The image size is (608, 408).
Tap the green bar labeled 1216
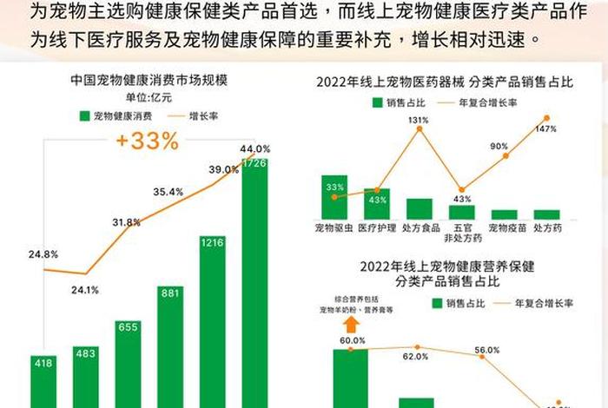point(213,321)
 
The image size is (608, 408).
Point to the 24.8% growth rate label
point(43,254)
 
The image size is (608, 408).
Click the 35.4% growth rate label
point(168,191)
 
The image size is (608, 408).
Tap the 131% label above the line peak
point(419,120)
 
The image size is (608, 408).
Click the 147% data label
point(545,129)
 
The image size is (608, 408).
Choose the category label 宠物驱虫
point(334,227)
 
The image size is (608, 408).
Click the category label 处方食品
point(419,227)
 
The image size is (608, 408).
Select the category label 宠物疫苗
point(504,227)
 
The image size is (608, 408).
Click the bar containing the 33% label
point(334,197)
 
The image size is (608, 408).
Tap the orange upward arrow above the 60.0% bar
point(352,326)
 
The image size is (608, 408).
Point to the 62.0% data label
point(415,355)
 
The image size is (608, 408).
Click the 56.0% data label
point(486,350)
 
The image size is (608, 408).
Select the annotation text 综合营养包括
point(351,297)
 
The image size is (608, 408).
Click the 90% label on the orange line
point(499,146)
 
